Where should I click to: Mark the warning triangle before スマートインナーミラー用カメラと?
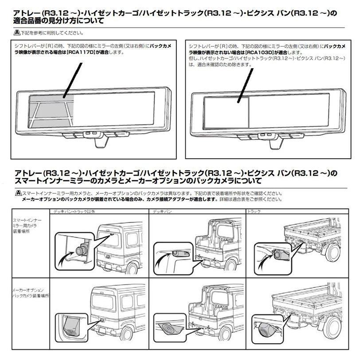pyautogui.click(x=17, y=194)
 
